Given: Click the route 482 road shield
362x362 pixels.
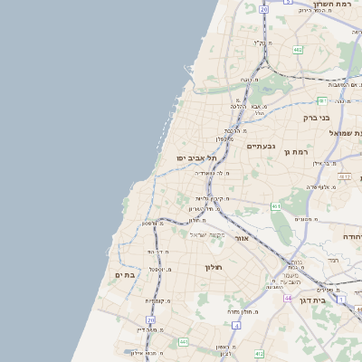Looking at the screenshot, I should click(298, 51).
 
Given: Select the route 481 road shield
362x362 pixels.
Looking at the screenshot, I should click(321, 100).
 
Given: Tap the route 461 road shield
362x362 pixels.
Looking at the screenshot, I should click(276, 206).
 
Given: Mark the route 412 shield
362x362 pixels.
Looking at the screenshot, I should click(259, 353).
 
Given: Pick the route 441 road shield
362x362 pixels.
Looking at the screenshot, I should click(184, 341).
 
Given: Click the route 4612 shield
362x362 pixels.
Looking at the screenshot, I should click(344, 176).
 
